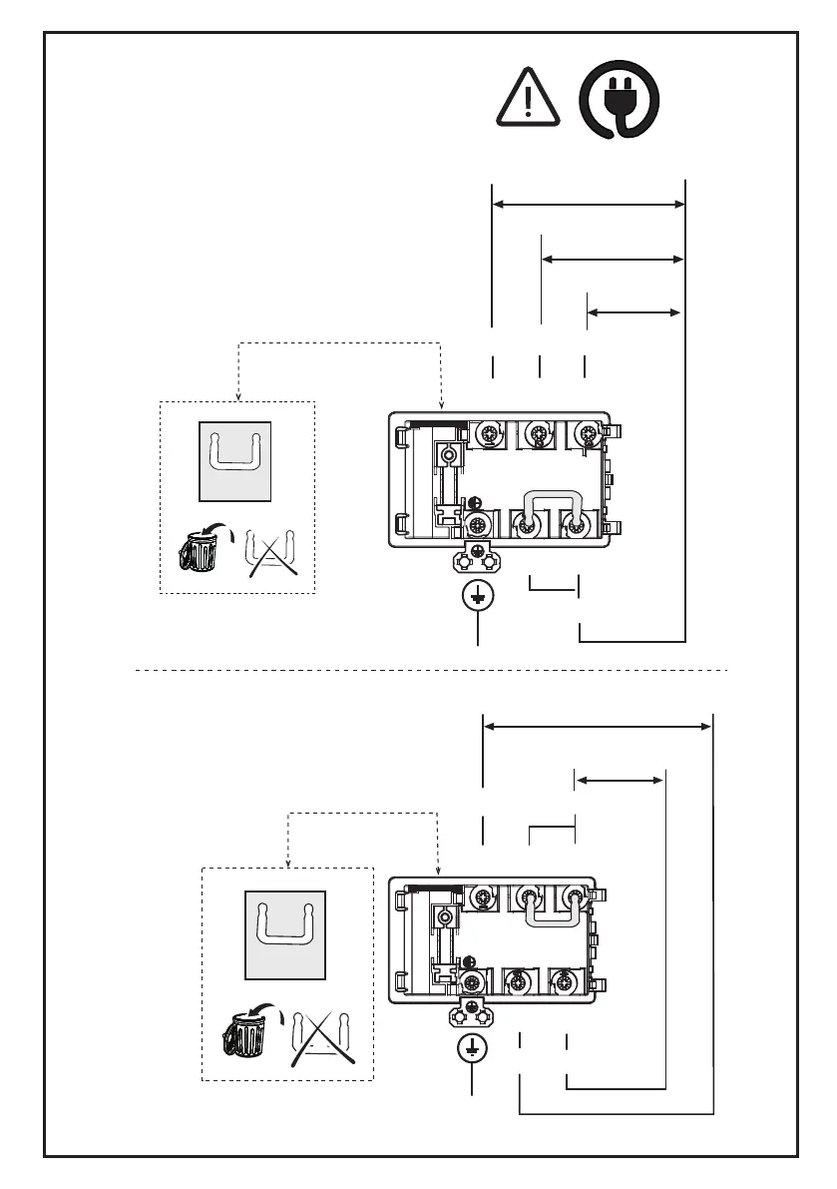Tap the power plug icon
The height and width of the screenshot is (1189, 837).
click(620, 98)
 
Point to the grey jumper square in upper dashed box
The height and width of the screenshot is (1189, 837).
click(236, 460)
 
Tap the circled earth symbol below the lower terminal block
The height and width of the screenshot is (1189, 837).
click(471, 1049)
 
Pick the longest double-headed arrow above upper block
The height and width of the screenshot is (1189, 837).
click(590, 204)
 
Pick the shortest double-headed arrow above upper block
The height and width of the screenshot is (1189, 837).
click(633, 312)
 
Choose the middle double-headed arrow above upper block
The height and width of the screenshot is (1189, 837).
click(613, 259)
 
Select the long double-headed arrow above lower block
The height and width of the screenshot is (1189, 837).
click(598, 727)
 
